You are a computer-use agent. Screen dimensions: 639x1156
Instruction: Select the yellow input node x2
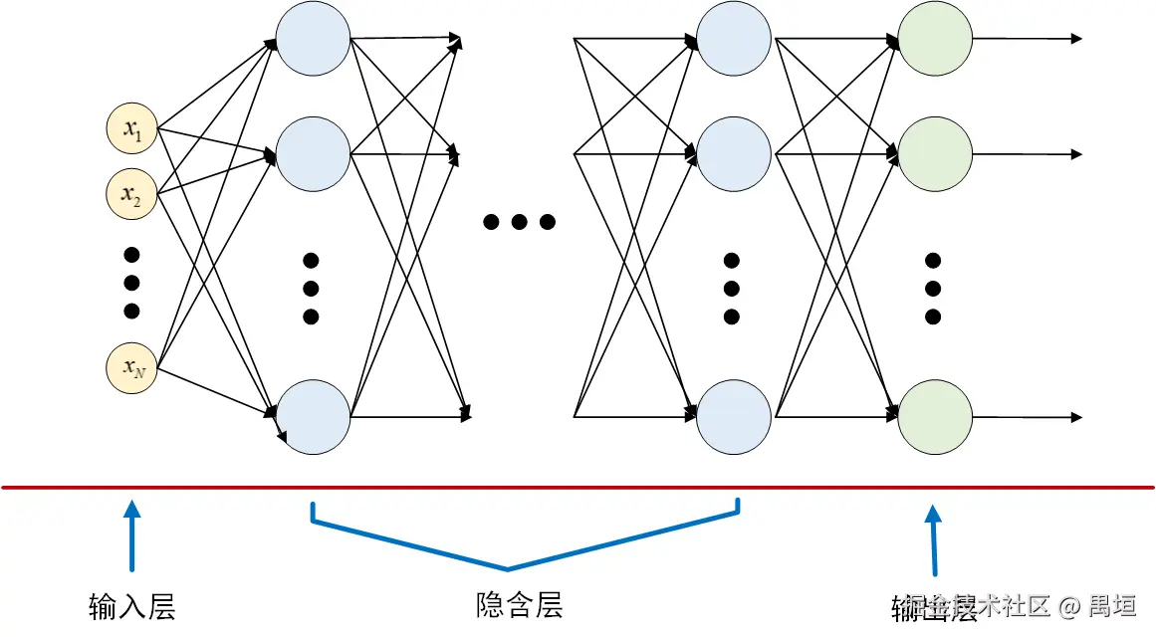tap(132, 195)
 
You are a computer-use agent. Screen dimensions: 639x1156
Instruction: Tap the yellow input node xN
tap(132, 368)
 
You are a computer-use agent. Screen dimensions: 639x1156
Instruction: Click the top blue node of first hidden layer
tap(313, 39)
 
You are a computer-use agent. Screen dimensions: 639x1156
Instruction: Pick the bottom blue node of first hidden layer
tap(313, 416)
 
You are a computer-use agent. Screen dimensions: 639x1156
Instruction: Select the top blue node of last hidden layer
tap(734, 39)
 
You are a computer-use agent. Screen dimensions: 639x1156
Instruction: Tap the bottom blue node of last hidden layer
tap(734, 416)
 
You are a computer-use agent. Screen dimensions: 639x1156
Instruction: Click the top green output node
tap(935, 39)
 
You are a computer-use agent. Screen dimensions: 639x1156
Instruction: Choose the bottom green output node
tap(935, 416)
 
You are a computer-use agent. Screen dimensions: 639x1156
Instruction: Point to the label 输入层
tap(132, 606)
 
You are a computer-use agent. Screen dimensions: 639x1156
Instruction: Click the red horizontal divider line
tap(578, 488)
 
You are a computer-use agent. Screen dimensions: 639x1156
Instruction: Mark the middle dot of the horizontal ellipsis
tap(519, 222)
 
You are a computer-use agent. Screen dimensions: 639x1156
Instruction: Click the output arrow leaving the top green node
tap(1026, 39)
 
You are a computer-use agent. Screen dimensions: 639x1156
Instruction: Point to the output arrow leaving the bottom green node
tap(1026, 416)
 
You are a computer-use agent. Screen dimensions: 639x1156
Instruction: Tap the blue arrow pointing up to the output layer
tap(934, 541)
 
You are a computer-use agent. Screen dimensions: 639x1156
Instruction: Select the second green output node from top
tap(935, 154)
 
